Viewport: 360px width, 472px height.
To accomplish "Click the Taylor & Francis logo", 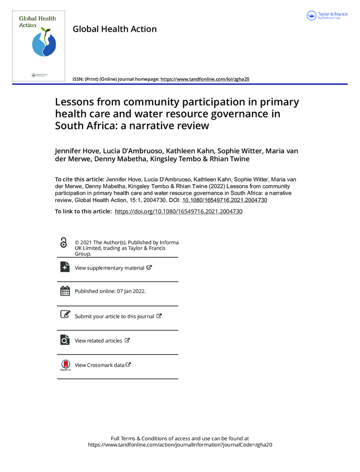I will click(327, 16).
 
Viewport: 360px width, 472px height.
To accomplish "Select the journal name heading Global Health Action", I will click(114, 29).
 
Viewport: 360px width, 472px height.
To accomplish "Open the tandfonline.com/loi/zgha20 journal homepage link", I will click(205, 79).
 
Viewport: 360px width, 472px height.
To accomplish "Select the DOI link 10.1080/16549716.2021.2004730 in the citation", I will click(225, 200).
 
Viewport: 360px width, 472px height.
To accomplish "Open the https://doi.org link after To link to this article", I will click(179, 211).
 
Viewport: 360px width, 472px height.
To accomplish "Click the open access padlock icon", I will click(64, 243).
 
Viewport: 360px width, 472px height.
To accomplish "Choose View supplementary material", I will click(110, 268).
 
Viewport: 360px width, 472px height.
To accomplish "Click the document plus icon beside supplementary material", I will click(65, 267).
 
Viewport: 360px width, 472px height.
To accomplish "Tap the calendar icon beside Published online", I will click(65, 291).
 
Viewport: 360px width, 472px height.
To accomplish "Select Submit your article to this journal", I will click(114, 316).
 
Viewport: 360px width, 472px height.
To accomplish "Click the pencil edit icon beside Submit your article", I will click(65, 315).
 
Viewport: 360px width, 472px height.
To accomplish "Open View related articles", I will click(98, 340).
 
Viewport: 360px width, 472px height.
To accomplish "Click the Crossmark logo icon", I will click(65, 365).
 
